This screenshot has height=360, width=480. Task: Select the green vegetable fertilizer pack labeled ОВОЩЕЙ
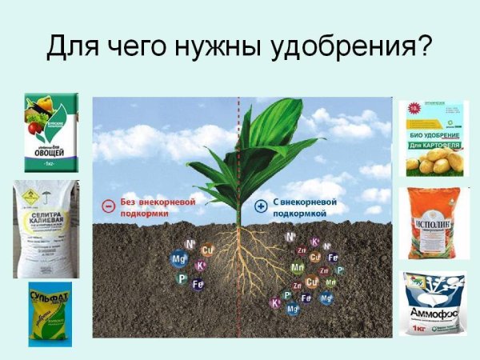(x=51, y=133)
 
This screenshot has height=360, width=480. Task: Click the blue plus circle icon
(x=260, y=206)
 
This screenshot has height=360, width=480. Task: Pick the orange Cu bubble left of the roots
(x=208, y=250)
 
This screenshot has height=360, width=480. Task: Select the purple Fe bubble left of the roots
(x=198, y=284)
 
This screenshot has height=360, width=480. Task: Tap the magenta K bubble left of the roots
(x=200, y=266)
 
